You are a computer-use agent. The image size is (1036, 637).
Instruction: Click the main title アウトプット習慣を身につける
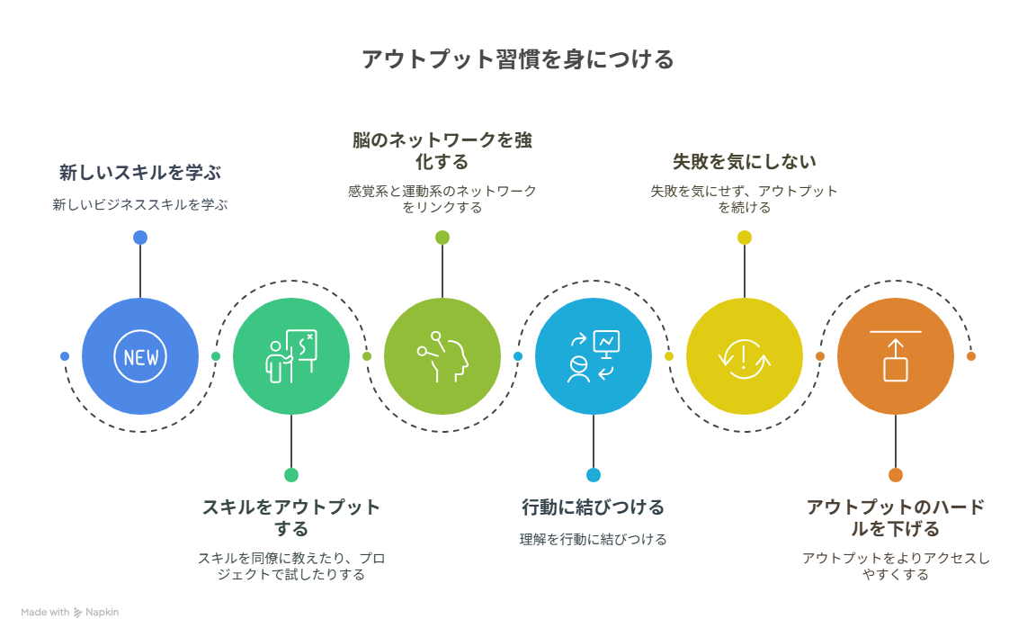pos(517,59)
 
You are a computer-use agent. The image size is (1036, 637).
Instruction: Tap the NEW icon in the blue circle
pos(140,357)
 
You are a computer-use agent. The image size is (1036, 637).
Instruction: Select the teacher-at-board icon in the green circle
pos(291,357)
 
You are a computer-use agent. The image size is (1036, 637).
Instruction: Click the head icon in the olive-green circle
pos(442,357)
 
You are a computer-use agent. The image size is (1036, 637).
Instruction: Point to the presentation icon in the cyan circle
pos(594,357)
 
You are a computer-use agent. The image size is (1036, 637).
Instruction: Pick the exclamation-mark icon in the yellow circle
pos(744,357)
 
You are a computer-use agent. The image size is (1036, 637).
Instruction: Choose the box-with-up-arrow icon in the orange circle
pos(896,356)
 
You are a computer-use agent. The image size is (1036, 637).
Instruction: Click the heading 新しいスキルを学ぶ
pos(140,173)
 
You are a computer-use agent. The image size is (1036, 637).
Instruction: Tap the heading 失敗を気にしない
pos(744,161)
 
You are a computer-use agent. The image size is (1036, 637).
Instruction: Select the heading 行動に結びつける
pos(594,507)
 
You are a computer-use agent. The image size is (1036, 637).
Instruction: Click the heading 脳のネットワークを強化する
pos(442,150)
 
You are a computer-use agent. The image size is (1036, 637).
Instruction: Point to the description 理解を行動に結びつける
pos(594,539)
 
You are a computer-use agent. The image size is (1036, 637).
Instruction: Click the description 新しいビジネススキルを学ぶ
pos(140,205)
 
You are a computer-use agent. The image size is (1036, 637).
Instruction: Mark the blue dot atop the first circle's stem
pos(140,238)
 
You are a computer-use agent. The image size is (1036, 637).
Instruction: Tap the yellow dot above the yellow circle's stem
pos(745,238)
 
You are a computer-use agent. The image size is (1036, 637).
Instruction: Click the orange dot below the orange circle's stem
pos(896,475)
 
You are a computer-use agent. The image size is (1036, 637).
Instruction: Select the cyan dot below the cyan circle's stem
pos(594,475)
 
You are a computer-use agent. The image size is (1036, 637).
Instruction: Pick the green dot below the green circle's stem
pos(291,475)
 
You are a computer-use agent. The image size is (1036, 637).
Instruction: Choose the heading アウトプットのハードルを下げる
pos(896,518)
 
